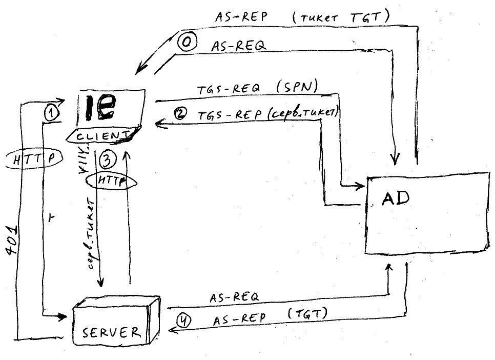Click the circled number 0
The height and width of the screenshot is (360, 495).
pyautogui.click(x=187, y=44)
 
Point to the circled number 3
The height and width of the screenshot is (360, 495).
pyautogui.click(x=107, y=161)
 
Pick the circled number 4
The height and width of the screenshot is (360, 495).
pyautogui.click(x=184, y=320)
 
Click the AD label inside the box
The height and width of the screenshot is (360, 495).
pyautogui.click(x=396, y=198)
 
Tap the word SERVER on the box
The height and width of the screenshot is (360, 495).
pyautogui.click(x=112, y=332)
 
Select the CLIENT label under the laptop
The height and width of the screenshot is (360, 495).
pyautogui.click(x=101, y=136)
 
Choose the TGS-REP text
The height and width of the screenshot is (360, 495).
pyautogui.click(x=230, y=115)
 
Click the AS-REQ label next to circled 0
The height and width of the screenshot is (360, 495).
pyautogui.click(x=238, y=46)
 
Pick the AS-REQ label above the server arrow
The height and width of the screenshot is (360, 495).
pyautogui.click(x=234, y=297)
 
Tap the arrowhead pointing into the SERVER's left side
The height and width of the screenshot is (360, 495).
pyautogui.click(x=64, y=316)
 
